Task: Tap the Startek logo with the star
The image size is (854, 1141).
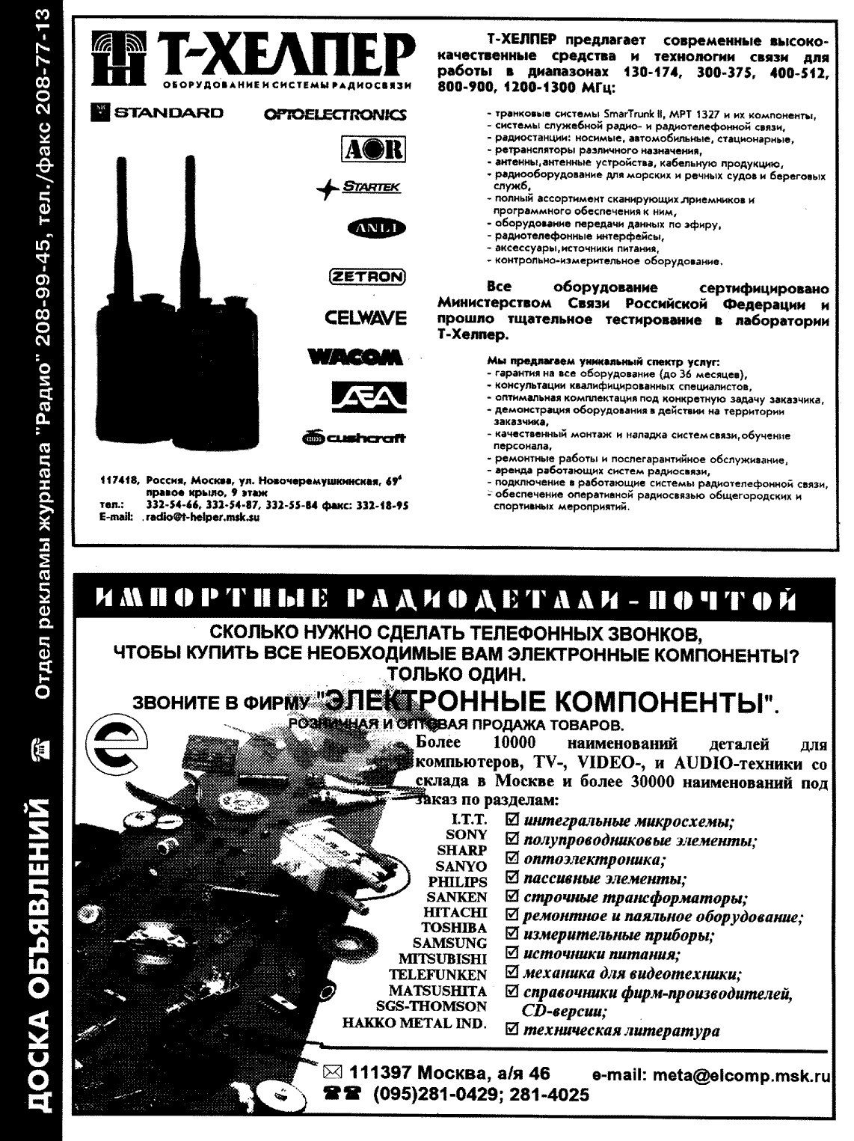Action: (x=357, y=189)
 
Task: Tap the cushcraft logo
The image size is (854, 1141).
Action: (x=355, y=438)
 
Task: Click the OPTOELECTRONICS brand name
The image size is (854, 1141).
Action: (x=335, y=114)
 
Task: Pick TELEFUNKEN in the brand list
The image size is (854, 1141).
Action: (x=437, y=975)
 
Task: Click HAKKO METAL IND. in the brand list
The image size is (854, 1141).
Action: (x=414, y=1023)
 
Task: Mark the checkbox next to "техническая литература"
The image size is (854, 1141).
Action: (x=512, y=1031)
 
